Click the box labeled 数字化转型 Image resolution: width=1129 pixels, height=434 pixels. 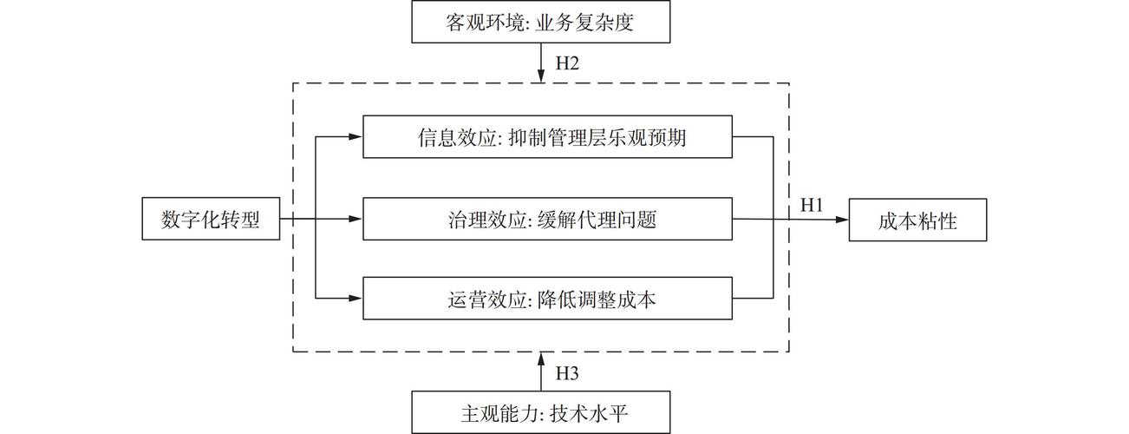[x=211, y=220]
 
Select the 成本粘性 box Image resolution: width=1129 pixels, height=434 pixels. [x=917, y=220]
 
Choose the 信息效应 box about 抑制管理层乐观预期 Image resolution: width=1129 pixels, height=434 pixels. [x=548, y=138]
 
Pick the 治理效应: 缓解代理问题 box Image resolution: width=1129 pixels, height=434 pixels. [x=548, y=220]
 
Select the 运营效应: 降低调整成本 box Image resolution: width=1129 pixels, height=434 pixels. [x=548, y=299]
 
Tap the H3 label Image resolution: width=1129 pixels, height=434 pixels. [x=566, y=373]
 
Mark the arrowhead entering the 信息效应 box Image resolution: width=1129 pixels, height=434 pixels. [x=356, y=138]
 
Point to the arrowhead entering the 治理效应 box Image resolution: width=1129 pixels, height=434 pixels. [x=356, y=220]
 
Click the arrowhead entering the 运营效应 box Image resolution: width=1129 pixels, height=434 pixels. [x=356, y=299]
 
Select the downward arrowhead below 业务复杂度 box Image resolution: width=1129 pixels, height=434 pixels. [x=542, y=77]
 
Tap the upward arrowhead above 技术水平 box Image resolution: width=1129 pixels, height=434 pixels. [x=542, y=358]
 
